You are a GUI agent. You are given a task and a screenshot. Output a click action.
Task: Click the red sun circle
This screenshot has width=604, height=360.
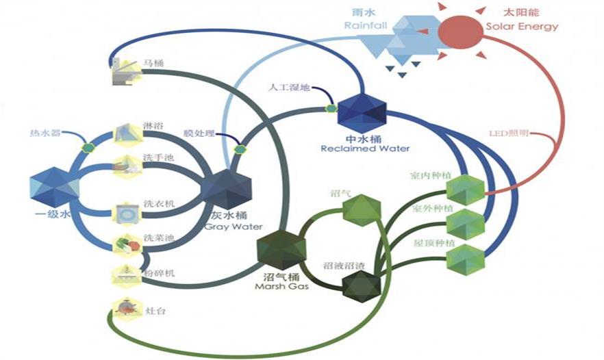(x=461, y=27)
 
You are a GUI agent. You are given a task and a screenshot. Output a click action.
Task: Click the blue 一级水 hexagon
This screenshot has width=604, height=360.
(x=55, y=187)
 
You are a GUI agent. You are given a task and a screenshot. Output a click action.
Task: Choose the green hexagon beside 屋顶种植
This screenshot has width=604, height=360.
(x=465, y=259)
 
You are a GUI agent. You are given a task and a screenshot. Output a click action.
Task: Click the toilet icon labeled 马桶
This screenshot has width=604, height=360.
(x=124, y=70)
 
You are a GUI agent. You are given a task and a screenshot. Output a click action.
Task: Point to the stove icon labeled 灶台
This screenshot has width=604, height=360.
(x=125, y=310)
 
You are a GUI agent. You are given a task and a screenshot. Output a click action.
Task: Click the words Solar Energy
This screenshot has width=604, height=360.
(x=523, y=27)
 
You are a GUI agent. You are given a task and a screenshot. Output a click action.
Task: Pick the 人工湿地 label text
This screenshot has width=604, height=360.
(x=290, y=88)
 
